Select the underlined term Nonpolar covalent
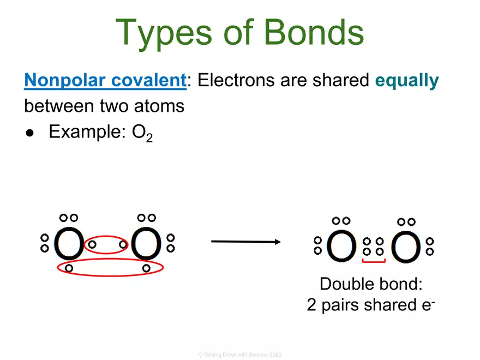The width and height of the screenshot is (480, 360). click(105, 81)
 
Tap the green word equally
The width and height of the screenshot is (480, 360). click(406, 81)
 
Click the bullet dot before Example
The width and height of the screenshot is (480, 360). click(31, 133)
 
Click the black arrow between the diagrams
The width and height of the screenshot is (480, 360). click(245, 241)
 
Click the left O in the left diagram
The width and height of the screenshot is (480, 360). click(69, 243)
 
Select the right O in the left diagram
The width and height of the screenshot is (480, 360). click(146, 243)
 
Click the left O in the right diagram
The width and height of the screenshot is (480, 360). click(342, 246)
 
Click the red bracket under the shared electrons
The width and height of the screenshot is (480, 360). click(374, 262)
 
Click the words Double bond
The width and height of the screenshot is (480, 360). click(371, 284)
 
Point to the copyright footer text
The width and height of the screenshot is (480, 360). click(240, 355)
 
